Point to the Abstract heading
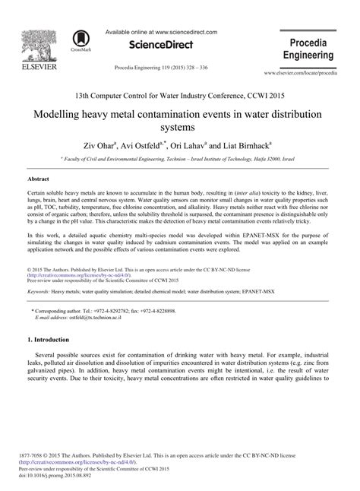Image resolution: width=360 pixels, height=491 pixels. coord(38,179)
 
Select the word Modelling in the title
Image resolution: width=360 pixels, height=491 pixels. coord(62,115)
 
